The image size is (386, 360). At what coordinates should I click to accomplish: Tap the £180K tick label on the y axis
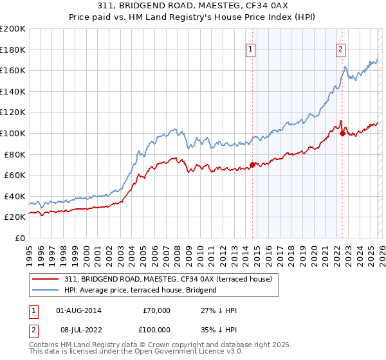[x=13, y=50]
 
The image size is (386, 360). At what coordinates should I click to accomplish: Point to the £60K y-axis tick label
[x=15, y=175]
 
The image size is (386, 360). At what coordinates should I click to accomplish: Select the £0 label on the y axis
[x=19, y=238]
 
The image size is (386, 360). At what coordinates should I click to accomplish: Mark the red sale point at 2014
[x=252, y=165]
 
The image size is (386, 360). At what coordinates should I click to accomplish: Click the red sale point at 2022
[x=342, y=133]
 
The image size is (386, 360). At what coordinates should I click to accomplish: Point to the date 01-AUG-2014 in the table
[x=79, y=310]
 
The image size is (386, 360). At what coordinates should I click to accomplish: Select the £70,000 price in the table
[x=156, y=310]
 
